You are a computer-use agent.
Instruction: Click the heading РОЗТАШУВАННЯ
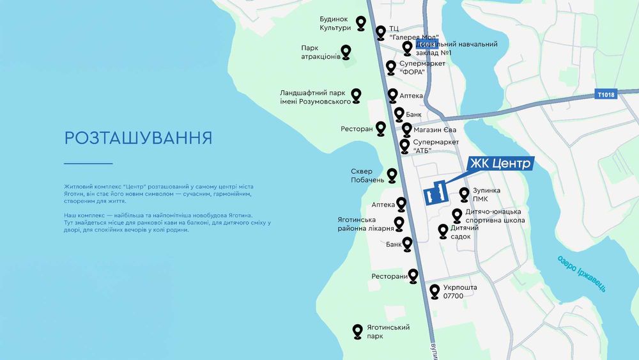[x=138, y=138]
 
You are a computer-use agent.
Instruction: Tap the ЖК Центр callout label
[x=500, y=164]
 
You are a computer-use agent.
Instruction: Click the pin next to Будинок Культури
[x=361, y=24]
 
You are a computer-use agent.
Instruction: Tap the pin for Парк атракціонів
[x=346, y=52]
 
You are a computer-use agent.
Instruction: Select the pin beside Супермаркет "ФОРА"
[x=391, y=67]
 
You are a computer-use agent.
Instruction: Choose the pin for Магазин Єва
[x=406, y=130]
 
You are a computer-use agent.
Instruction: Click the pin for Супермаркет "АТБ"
[x=404, y=146]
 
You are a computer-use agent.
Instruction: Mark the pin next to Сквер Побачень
[x=393, y=175]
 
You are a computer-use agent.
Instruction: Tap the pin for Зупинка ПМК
[x=465, y=194]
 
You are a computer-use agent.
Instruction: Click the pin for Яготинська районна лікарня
[x=399, y=223]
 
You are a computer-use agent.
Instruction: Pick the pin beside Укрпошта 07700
[x=435, y=291]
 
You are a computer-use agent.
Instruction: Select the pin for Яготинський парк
[x=358, y=331]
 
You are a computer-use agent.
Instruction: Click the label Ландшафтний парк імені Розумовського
[x=316, y=97]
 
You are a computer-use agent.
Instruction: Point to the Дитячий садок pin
[x=442, y=231]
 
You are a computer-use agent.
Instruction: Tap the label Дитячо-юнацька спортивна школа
[x=497, y=215]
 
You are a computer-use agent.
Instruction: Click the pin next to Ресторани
[x=413, y=276]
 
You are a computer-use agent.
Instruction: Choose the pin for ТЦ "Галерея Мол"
[x=381, y=32]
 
